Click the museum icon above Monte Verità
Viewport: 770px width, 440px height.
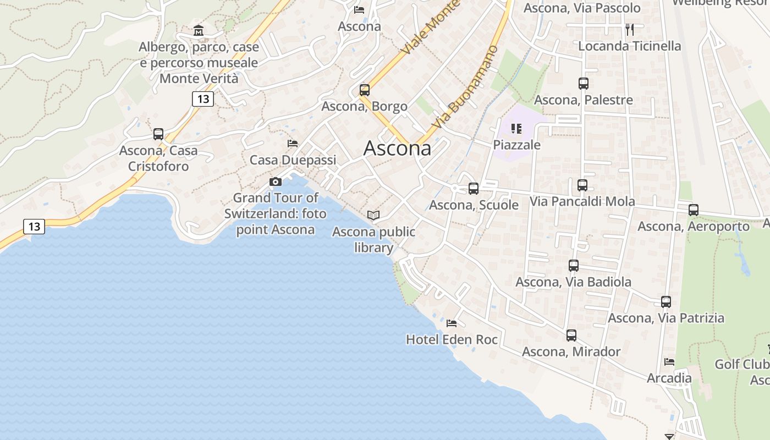click(199, 30)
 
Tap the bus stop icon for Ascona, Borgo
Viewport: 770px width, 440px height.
click(364, 90)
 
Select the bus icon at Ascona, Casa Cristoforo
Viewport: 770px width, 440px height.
click(158, 134)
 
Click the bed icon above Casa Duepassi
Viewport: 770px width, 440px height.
click(293, 144)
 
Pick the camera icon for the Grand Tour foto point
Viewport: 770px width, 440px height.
click(276, 182)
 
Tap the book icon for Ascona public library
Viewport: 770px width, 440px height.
click(373, 216)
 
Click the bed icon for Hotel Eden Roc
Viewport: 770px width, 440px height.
click(452, 323)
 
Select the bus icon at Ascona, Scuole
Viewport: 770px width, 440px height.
click(474, 189)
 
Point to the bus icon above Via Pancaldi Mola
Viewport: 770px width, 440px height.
click(582, 185)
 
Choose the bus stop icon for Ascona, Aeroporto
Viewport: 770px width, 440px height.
click(694, 210)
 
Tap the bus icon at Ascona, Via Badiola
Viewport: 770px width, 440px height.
click(574, 266)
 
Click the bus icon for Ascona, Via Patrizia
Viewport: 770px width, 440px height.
click(666, 302)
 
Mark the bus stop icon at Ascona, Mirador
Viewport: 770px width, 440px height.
click(571, 335)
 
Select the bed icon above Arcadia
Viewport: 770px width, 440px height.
click(669, 362)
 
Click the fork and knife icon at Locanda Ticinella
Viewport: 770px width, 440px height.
click(630, 30)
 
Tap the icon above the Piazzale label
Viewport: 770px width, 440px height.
click(516, 129)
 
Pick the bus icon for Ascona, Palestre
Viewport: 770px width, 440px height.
click(584, 84)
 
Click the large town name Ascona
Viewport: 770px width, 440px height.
click(397, 148)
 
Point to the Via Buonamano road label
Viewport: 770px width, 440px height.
click(465, 88)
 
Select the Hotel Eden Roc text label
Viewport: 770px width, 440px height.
click(452, 340)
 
